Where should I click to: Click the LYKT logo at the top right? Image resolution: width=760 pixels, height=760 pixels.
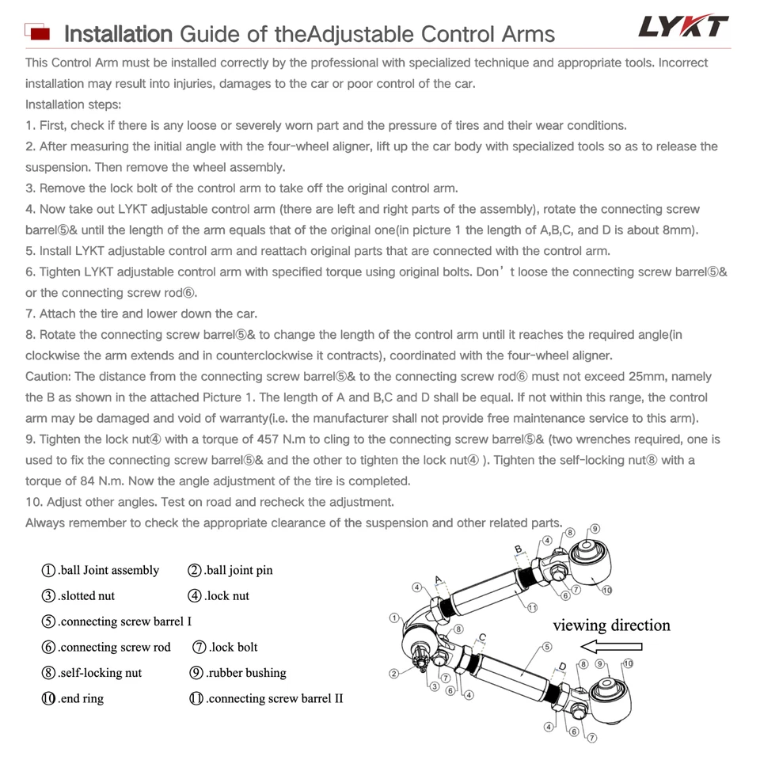682,27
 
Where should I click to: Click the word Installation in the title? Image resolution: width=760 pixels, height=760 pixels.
117,34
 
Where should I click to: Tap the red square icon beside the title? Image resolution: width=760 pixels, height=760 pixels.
39,32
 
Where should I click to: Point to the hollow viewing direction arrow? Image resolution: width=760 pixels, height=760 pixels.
611,647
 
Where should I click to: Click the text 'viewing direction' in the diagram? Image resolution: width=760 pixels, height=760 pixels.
611,625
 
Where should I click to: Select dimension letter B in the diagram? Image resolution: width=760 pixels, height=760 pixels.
519,549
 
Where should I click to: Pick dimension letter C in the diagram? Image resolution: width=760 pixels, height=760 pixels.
482,636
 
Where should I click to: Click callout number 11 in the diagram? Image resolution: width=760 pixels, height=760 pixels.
533,608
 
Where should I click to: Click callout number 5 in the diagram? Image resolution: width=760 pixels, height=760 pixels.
547,647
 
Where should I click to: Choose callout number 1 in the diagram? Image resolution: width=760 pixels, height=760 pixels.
393,617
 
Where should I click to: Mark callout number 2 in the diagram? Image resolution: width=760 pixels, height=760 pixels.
393,674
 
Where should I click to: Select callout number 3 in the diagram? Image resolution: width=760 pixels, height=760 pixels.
435,686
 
